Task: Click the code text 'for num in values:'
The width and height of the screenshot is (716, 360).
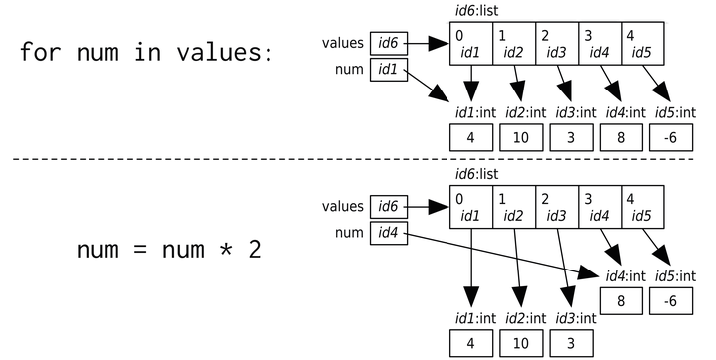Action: click(x=145, y=52)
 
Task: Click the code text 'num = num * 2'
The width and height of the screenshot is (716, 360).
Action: click(x=168, y=248)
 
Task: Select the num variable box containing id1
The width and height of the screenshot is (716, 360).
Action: click(x=388, y=70)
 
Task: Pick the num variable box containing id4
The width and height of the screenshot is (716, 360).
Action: click(x=388, y=233)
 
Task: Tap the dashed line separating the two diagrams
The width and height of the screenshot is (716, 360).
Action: click(x=358, y=158)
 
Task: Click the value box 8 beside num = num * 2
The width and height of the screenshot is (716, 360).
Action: click(x=620, y=301)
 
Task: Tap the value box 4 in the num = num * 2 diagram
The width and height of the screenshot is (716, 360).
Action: click(x=473, y=344)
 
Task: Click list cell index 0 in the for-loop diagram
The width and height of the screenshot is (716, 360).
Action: click(x=471, y=43)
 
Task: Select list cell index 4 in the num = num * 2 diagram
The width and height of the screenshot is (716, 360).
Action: click(x=642, y=206)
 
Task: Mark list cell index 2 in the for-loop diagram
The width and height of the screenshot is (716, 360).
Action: click(x=556, y=43)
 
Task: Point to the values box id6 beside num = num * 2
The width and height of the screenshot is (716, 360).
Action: click(x=388, y=206)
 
